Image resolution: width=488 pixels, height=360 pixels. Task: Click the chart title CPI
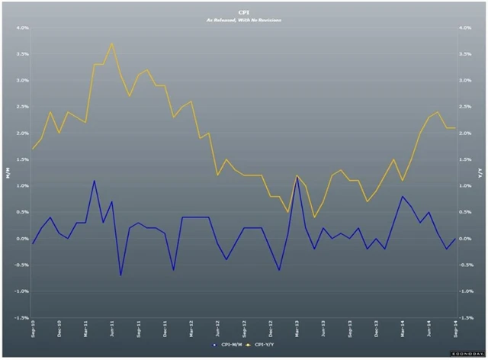[x=245, y=11]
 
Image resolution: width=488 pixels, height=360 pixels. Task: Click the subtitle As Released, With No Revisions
[x=245, y=19]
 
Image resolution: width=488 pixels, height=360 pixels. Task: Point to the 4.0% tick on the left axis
[x=21, y=27]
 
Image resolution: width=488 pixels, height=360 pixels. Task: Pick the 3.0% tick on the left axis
[x=21, y=80]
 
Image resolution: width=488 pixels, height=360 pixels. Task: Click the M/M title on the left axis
[x=8, y=173]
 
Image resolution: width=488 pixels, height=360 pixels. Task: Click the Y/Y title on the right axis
[x=480, y=173]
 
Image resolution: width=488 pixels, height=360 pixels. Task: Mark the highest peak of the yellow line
[x=112, y=43]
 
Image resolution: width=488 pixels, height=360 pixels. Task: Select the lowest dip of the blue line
[x=120, y=275]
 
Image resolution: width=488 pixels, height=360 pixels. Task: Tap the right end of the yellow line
[x=455, y=127]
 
